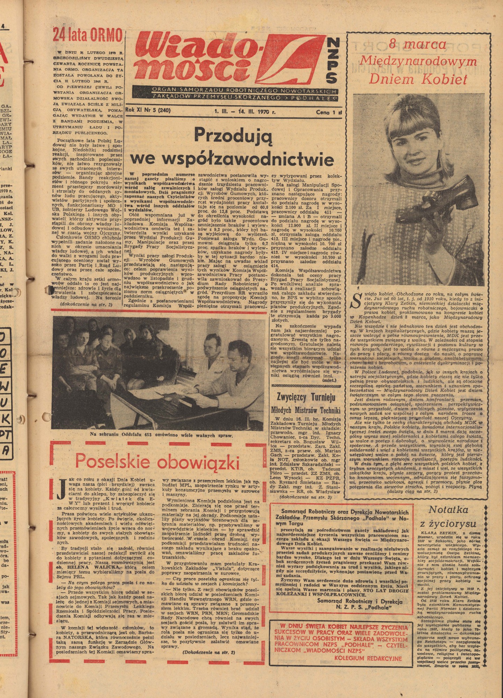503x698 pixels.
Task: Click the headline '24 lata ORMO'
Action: (87, 35)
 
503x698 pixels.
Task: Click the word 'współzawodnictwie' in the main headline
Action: (232, 159)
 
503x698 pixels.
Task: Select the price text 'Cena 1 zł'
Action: (328, 112)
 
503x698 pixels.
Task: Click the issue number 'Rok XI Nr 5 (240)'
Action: (148, 111)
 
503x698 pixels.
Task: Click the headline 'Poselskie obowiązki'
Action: (157, 461)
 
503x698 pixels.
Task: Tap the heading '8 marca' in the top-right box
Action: (417, 44)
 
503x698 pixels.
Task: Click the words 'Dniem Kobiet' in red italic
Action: (418, 80)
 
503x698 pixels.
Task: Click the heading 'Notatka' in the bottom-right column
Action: (452, 510)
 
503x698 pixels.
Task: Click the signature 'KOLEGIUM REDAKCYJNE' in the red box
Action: (368, 658)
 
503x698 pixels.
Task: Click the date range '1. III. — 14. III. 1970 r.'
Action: (245, 112)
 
